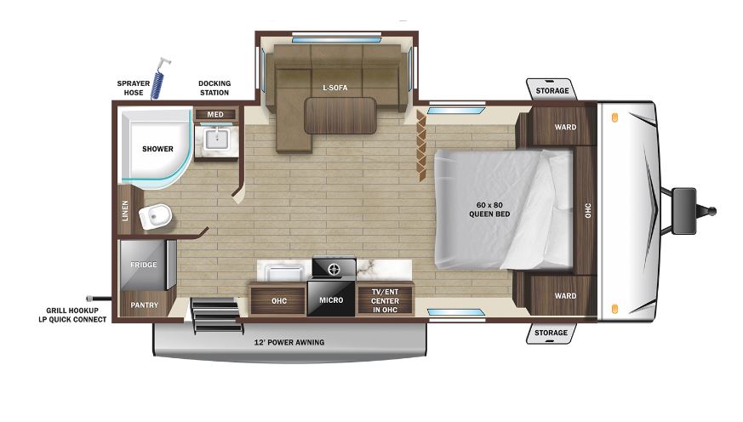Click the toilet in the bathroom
156,216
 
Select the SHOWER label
157,149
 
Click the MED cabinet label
215,115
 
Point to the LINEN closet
125,210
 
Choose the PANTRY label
144,305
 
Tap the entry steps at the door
214,315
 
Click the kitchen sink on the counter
284,273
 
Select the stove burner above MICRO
334,270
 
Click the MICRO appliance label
331,300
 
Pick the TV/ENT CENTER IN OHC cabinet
386,300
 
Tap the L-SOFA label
335,88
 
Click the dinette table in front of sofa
340,116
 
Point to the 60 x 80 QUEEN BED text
489,209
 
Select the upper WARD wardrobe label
565,127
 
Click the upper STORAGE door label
552,90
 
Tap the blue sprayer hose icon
160,79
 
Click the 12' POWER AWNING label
289,342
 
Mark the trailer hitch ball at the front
712,211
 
